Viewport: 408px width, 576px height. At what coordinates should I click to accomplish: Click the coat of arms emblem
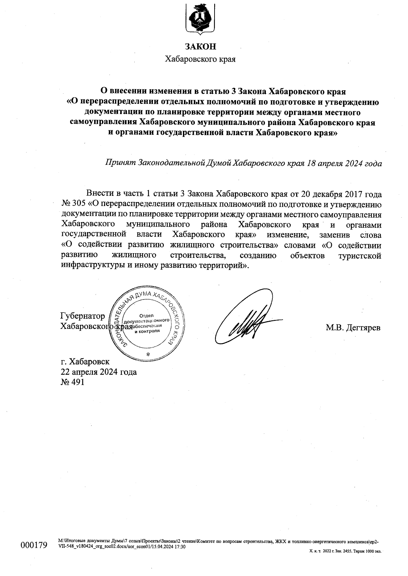click(200, 19)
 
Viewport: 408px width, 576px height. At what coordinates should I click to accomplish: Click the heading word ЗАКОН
click(200, 47)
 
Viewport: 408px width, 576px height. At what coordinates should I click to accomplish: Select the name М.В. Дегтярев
click(353, 328)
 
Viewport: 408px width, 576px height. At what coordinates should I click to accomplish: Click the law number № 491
click(72, 382)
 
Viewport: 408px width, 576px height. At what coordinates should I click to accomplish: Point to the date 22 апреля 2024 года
click(99, 372)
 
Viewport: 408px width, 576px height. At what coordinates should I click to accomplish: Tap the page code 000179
click(34, 545)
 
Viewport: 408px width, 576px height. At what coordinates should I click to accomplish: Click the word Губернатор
click(83, 316)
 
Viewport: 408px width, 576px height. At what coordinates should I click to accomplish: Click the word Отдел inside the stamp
click(147, 315)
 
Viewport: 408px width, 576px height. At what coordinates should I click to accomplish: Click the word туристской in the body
click(360, 255)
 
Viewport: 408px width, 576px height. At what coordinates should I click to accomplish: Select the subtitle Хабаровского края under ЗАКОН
click(200, 59)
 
